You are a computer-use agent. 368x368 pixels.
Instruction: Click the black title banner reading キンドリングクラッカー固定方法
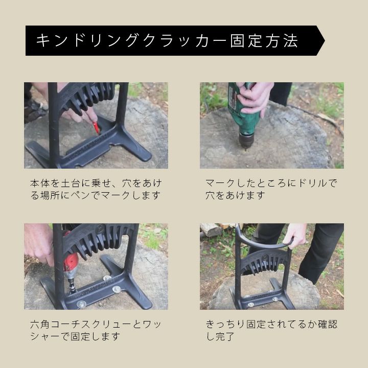[x=175, y=40]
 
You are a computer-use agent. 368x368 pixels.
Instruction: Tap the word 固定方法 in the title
[x=264, y=41]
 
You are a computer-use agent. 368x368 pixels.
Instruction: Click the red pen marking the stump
[x=97, y=128]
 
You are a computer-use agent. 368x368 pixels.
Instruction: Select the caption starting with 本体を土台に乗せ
[x=96, y=189]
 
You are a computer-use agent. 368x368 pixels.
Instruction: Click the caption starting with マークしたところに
[x=271, y=189]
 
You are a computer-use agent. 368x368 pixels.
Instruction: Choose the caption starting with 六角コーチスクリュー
[x=96, y=331]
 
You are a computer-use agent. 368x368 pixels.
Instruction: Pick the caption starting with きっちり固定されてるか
[x=271, y=331]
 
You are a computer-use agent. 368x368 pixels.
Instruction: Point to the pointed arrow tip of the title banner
[x=325, y=40]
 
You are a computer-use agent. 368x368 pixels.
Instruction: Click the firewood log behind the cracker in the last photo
[x=212, y=229]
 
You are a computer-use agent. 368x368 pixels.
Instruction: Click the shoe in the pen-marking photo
[x=35, y=110]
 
